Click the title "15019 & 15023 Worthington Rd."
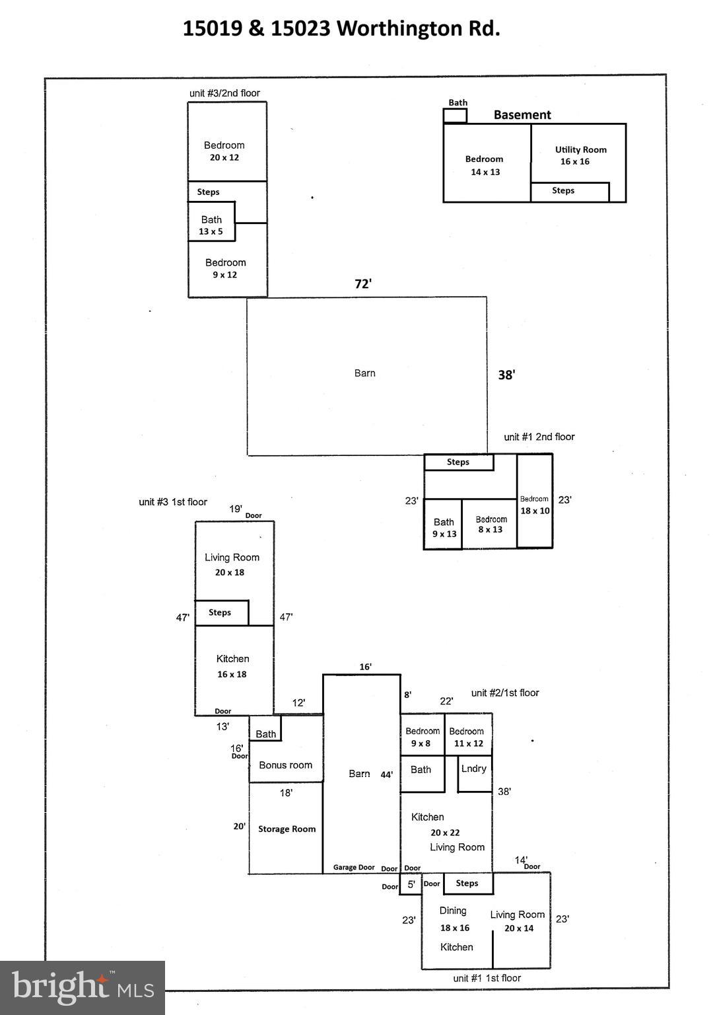[341, 28]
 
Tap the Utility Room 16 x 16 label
[580, 155]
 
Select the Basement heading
[522, 115]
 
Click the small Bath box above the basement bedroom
[455, 116]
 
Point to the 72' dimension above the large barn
[363, 284]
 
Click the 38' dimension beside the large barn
[506, 375]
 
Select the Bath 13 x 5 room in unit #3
[211, 225]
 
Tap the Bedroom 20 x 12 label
[224, 151]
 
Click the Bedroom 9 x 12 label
[225, 268]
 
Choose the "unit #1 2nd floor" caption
[539, 437]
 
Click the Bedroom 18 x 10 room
[535, 505]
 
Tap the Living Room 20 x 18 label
[232, 564]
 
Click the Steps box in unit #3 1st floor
[221, 613]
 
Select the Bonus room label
[285, 765]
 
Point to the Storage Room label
[287, 829]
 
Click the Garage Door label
[354, 868]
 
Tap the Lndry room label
[474, 769]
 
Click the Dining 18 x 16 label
[454, 919]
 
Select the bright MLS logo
[83, 987]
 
